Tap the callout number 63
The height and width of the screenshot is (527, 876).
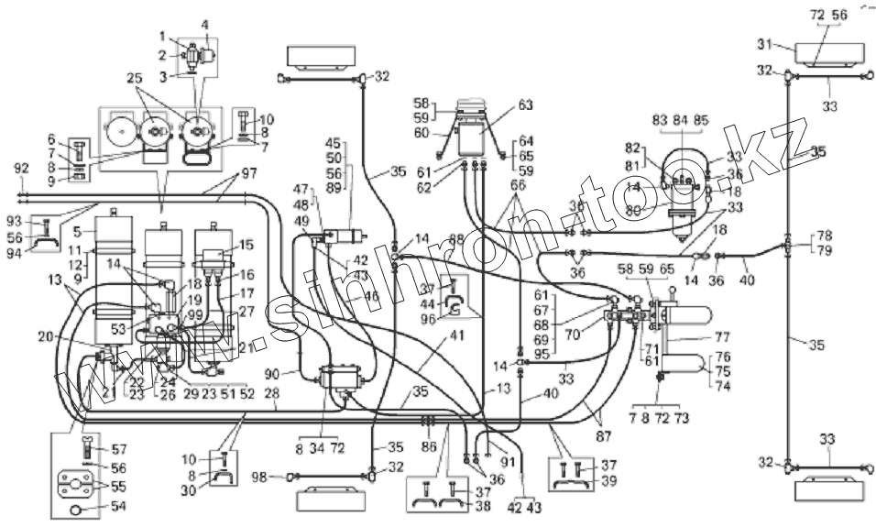point(524,104)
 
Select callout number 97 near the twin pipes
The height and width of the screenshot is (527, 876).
point(224,174)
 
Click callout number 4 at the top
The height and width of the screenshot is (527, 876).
point(205,25)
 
